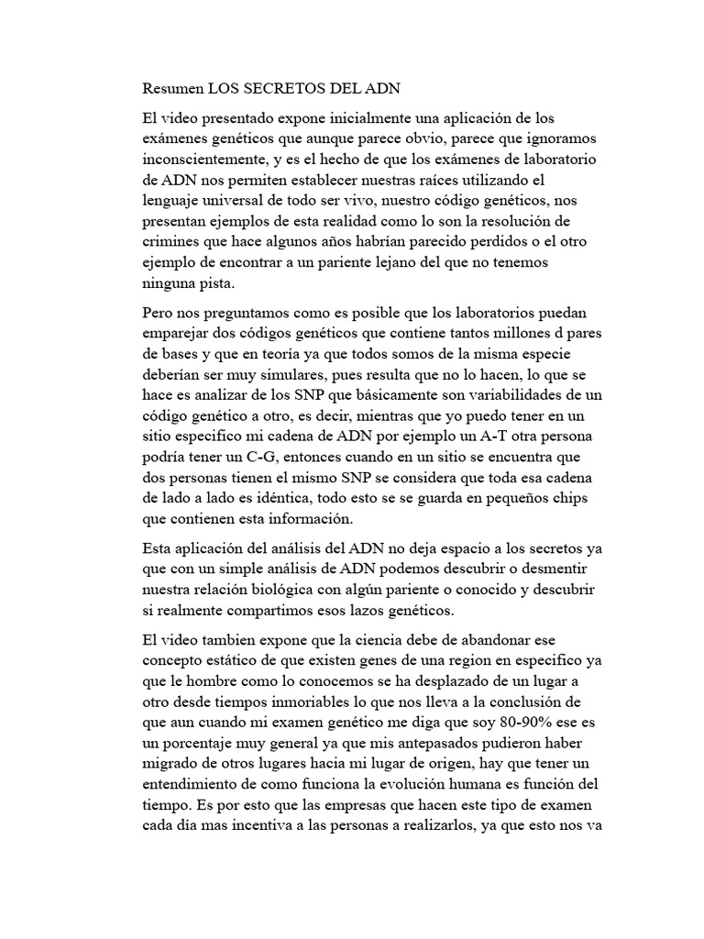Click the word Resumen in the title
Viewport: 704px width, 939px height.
point(173,90)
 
